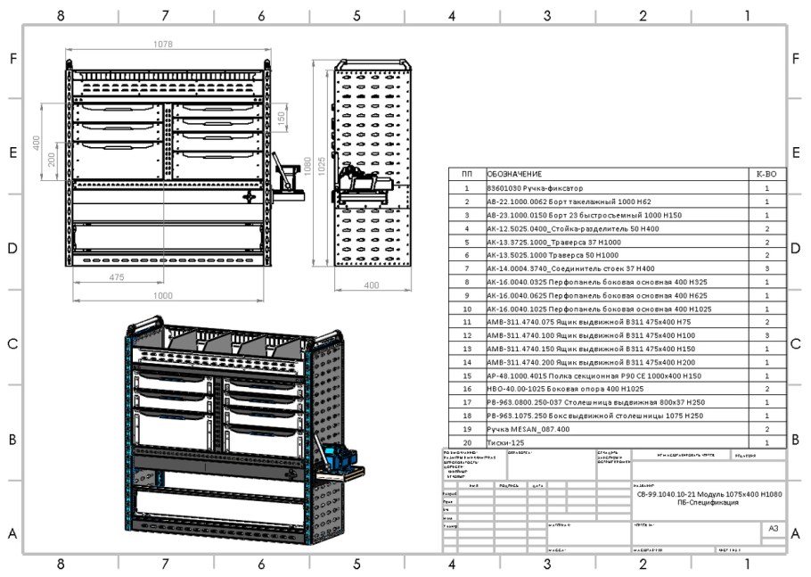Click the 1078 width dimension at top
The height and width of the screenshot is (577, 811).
[163, 45]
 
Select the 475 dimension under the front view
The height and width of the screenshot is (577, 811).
[116, 278]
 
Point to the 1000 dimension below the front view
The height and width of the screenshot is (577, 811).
[162, 295]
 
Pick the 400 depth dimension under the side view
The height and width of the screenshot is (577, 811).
[372, 284]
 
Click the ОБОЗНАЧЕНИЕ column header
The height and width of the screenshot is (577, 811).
[514, 175]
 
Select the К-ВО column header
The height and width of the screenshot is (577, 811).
[766, 175]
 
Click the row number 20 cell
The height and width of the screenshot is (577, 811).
[466, 442]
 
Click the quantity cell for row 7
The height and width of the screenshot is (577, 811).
[766, 268]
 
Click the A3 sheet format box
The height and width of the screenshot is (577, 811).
[774, 529]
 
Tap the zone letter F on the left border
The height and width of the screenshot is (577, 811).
[13, 59]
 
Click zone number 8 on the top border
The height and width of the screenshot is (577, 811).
[61, 15]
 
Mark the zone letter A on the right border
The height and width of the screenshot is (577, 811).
[795, 534]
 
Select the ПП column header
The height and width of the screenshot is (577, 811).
[466, 175]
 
